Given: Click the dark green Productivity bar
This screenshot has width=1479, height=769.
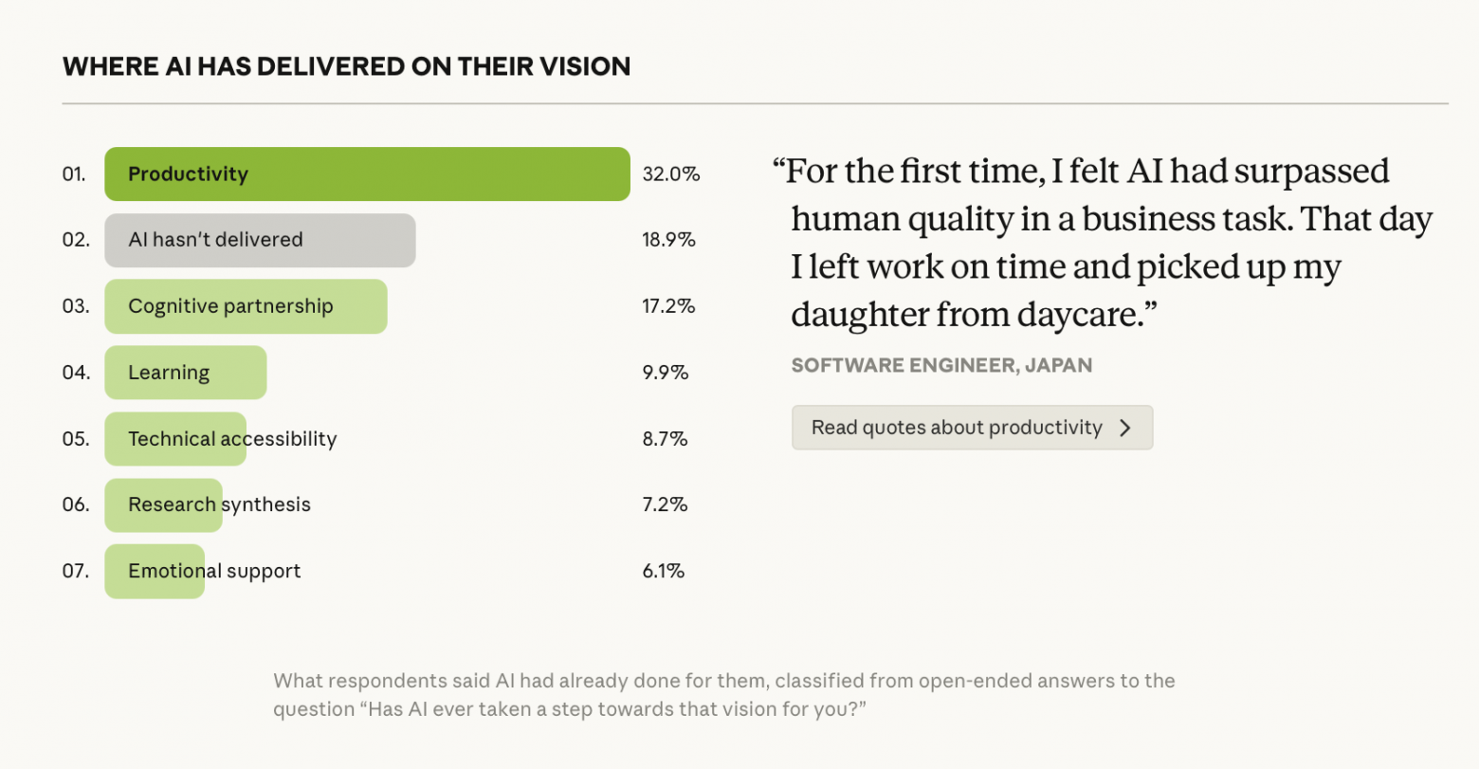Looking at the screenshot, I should click(x=367, y=174).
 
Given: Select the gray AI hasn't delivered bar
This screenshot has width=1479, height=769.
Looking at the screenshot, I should click(x=260, y=240).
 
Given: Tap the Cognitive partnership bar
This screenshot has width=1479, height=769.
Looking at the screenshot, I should click(x=246, y=306).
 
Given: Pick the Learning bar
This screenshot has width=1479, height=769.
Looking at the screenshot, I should click(x=185, y=373).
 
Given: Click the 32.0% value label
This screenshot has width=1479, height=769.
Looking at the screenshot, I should click(x=671, y=174).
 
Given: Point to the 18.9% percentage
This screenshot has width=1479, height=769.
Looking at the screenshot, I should click(x=668, y=240).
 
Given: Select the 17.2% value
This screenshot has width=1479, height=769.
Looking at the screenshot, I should click(x=668, y=306).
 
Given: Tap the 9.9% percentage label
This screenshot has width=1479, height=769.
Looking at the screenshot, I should click(x=665, y=373).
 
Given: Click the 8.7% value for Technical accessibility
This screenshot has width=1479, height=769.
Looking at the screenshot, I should click(x=665, y=439).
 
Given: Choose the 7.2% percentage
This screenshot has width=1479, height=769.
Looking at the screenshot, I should click(x=665, y=504).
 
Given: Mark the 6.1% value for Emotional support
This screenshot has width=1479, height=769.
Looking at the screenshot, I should click(x=663, y=571).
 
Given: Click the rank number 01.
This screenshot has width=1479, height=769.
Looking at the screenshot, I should click(x=74, y=174).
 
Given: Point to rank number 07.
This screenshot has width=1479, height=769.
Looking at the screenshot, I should click(x=76, y=571).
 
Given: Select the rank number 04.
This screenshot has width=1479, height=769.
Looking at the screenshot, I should click(x=76, y=373).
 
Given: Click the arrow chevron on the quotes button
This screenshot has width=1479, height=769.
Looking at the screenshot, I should click(x=1125, y=428).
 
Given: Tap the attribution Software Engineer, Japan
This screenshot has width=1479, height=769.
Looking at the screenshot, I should click(x=941, y=365).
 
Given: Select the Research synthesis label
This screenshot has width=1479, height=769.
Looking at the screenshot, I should click(x=219, y=504).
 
